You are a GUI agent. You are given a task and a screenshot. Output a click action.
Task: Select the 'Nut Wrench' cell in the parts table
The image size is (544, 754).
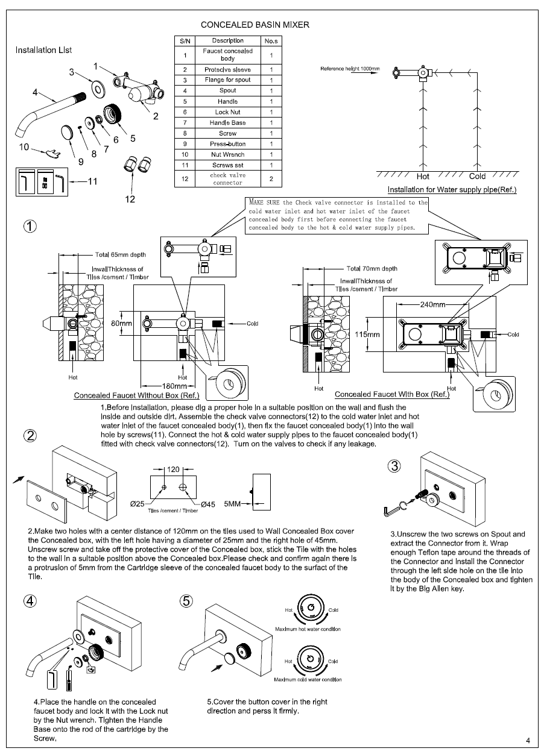click(x=227, y=154)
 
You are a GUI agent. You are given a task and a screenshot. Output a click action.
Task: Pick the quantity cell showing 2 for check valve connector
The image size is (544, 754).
click(x=271, y=179)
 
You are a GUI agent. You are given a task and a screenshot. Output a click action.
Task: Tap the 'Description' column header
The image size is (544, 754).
click(x=227, y=40)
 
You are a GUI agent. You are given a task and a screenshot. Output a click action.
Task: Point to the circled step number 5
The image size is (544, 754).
click(x=187, y=601)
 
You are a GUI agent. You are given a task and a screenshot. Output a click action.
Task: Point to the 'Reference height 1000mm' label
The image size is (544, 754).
click(x=350, y=69)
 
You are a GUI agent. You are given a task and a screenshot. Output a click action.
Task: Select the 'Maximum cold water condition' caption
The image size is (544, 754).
click(x=308, y=679)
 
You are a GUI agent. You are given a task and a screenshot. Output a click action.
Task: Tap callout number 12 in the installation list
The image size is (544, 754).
click(x=130, y=199)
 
